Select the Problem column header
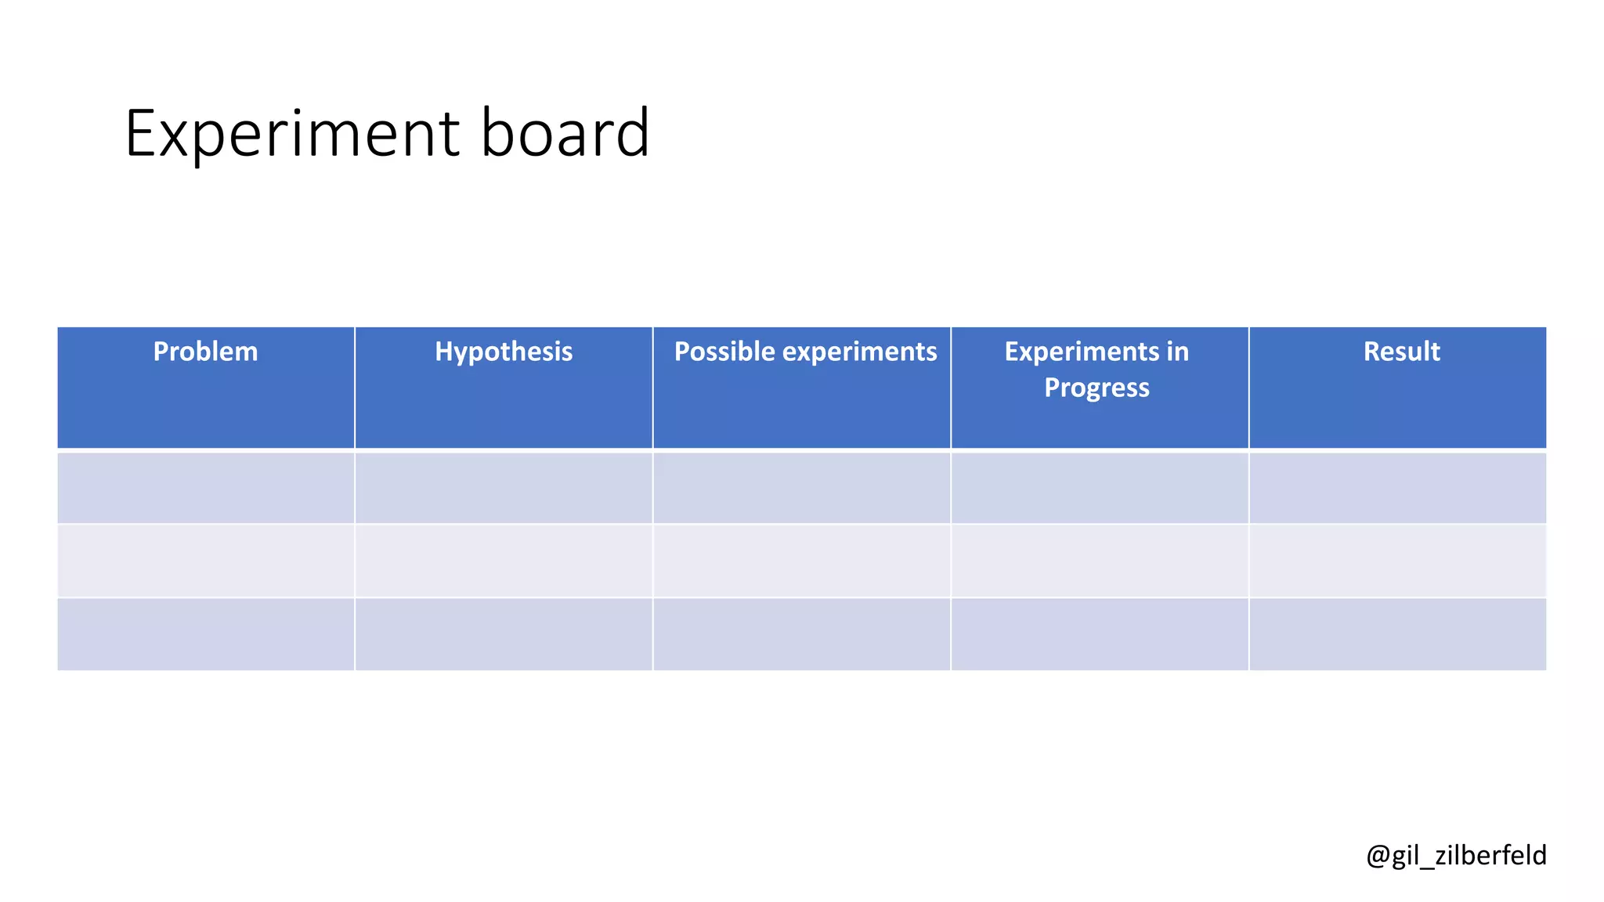point(205,352)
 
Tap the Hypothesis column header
point(504,352)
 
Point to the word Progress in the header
point(1096,388)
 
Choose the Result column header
point(1401,352)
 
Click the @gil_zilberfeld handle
point(1456,855)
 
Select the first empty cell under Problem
point(206,487)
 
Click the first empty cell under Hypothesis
point(504,487)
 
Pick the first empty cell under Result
point(1398,487)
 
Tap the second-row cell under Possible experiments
point(802,561)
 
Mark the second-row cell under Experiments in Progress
point(1100,561)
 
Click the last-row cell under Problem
point(206,634)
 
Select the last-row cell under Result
point(1398,634)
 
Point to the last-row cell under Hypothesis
point(504,634)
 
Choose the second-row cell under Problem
point(206,561)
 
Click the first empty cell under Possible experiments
point(802,487)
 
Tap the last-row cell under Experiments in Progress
point(1100,634)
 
